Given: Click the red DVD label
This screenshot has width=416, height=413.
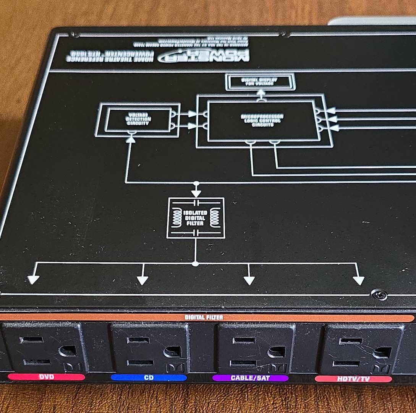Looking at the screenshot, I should [x=46, y=377].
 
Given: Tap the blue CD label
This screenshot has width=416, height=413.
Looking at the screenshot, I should [x=149, y=378].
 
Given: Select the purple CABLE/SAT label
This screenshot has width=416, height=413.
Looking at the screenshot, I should [x=250, y=378].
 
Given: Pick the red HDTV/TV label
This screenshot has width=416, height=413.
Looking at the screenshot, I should [x=353, y=379].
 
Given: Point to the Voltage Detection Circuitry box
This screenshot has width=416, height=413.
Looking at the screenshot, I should [x=138, y=120].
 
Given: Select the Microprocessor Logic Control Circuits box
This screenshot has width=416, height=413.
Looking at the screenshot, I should [x=262, y=120].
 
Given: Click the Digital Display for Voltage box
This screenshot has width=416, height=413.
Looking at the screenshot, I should [x=260, y=82].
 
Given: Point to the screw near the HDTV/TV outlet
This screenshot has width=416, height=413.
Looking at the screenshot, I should [x=379, y=294].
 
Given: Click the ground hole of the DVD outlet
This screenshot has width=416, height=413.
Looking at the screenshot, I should [x=68, y=351].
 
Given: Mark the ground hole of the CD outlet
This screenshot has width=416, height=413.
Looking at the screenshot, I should [x=172, y=352].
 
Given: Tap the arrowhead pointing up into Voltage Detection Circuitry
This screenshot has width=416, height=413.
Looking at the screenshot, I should [x=131, y=140].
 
